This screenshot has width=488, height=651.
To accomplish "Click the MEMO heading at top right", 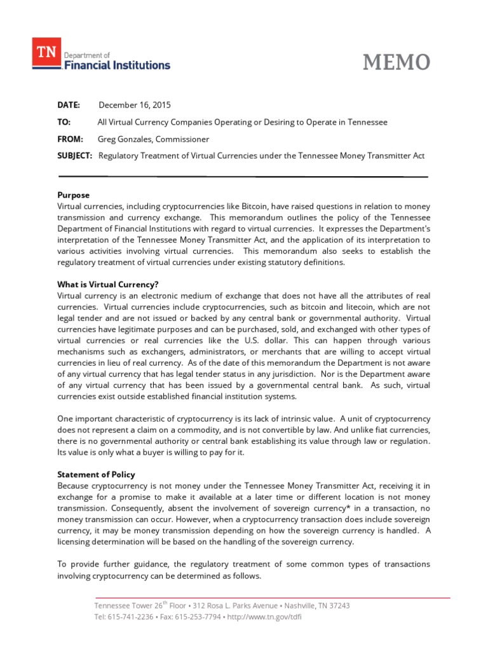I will tap(396, 62).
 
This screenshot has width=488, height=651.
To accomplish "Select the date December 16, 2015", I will tap(135, 105).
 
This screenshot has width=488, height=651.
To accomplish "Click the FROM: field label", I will tap(71, 139).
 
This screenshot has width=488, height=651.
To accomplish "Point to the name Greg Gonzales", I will tap(125, 139).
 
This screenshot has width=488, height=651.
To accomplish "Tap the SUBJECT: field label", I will tap(75, 155).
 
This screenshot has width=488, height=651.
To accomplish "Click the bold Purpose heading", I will tap(74, 195).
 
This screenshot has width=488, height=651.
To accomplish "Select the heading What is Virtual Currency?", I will tap(107, 284).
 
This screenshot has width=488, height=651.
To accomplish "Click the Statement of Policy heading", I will tap(96, 474).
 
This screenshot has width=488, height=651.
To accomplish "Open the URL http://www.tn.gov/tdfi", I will tap(259, 617).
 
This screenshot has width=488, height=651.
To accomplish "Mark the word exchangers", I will tap(154, 352).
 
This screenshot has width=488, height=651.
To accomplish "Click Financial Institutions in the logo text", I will tap(117, 65).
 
